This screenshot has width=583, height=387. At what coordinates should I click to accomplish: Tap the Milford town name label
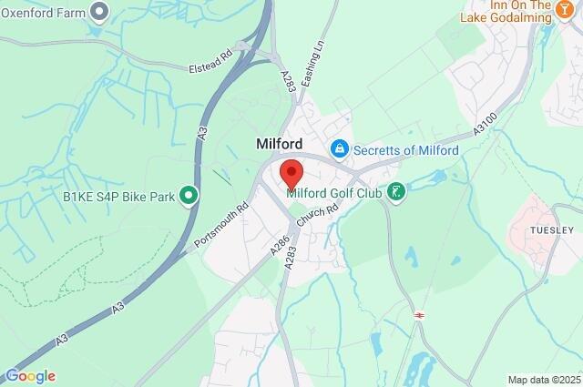279,143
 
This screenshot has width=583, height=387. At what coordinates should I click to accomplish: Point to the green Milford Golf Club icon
395,190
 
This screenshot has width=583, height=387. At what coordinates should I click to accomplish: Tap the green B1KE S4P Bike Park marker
189,195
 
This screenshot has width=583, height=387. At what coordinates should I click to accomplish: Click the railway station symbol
420,314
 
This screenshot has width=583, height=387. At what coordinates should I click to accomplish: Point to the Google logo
30,376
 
